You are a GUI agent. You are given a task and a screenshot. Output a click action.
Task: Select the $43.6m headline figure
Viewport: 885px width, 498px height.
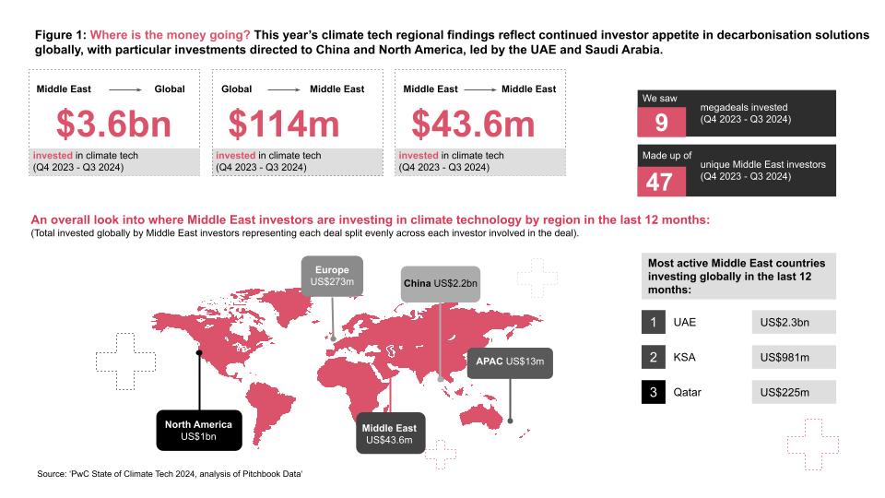pos(472,124)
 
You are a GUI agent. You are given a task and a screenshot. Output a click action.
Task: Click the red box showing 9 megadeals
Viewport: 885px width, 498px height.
pos(661,121)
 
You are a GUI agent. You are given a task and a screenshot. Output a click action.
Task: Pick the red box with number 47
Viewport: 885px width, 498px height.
pos(661,181)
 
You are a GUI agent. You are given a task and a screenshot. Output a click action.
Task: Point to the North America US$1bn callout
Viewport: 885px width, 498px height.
pos(198,430)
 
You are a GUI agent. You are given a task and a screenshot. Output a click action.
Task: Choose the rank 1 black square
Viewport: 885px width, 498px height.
pos(653,322)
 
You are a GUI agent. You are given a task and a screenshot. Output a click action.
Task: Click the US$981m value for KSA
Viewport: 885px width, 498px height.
pos(793,358)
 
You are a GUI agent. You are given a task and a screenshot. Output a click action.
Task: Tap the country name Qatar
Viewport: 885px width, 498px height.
pos(688,392)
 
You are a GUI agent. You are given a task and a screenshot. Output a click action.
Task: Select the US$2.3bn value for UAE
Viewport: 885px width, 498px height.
pos(793,322)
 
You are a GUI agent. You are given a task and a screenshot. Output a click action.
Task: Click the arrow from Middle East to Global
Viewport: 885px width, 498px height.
pos(124,89)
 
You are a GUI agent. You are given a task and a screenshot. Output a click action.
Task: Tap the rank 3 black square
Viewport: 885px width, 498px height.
pos(653,392)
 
